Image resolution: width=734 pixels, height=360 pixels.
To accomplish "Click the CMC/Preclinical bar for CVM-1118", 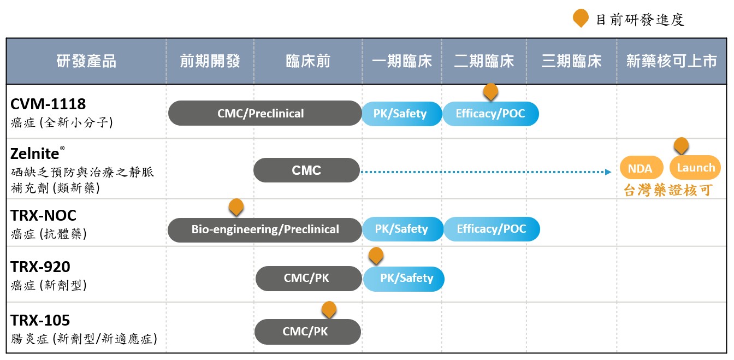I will coord(265,114).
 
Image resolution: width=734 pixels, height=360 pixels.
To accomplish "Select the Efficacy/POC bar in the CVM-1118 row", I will coord(490,114).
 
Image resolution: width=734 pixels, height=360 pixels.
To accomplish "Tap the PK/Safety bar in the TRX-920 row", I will coord(404,279).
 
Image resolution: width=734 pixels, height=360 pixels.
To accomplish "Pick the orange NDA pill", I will coord(640,168).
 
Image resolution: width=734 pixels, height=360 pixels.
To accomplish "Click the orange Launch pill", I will coord(695,168).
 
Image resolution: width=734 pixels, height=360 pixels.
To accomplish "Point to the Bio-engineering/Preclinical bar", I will coord(265,229).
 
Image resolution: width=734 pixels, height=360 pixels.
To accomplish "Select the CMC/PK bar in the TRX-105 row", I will coord(307,332).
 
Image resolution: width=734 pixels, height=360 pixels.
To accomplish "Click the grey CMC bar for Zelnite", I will coord(306,170).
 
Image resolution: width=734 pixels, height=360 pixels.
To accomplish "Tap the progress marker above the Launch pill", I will coord(680,145).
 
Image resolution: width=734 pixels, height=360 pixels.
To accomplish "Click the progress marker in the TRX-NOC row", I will coord(236,206).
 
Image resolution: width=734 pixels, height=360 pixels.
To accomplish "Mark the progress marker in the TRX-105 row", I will coord(329,309).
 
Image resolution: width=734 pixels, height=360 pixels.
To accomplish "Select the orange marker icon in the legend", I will coord(581,18).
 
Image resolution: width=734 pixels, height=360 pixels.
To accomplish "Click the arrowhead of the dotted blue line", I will coord(608,172).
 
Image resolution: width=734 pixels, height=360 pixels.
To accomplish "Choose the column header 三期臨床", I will coord(571,61).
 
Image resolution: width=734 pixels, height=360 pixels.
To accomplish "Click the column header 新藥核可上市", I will coord(671,61).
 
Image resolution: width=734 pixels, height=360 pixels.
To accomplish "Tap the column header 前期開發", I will coord(210,61).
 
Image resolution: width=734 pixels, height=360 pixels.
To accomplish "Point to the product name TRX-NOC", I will coord(43,215).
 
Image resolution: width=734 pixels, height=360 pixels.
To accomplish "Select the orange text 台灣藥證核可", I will coord(668,191).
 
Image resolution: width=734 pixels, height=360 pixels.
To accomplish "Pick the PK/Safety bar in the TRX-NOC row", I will coord(401,229).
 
